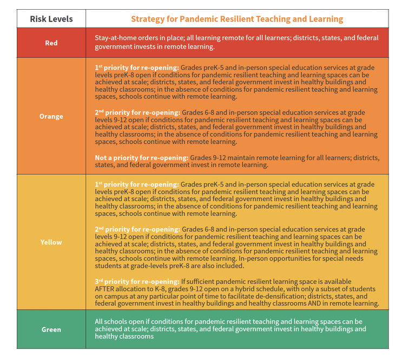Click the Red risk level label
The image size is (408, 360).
tap(51, 43)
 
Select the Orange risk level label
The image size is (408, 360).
tap(51, 116)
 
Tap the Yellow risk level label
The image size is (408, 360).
tap(51, 242)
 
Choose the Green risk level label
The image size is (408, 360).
tap(51, 329)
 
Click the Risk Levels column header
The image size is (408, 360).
tap(51, 19)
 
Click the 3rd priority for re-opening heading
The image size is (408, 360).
tap(137, 282)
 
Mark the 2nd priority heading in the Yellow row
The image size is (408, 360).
tap(137, 230)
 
